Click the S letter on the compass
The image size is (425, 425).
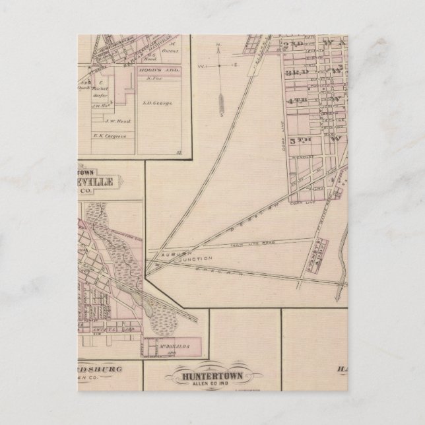click(x=222, y=112)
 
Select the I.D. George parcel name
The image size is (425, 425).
click(x=152, y=102)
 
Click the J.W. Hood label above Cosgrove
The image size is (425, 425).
click(x=99, y=119)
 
